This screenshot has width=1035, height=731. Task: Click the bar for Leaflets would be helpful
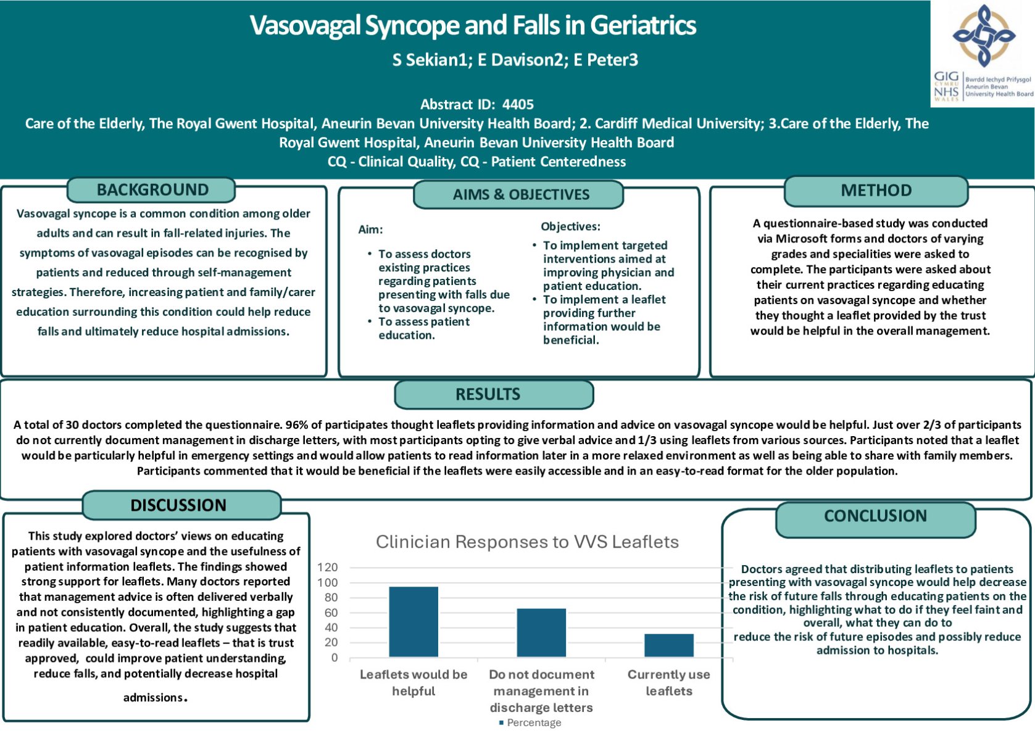point(413,622)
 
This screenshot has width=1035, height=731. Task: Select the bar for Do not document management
point(541,633)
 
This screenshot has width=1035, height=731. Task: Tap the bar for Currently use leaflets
point(668,645)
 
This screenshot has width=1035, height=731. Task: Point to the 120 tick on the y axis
point(328,567)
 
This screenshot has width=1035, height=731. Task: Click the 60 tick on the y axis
point(331,613)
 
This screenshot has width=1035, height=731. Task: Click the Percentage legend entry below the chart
point(530,722)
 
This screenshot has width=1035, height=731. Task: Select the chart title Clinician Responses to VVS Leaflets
point(527,542)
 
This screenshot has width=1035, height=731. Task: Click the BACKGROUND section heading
point(152,190)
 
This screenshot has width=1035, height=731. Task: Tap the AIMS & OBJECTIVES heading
point(521,194)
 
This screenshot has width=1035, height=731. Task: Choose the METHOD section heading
point(876,190)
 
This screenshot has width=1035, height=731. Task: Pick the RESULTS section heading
point(488,394)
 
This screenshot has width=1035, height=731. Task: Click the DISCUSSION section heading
point(178,505)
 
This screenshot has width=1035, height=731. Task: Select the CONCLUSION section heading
point(876,516)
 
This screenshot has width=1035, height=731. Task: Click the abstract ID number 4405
point(518,104)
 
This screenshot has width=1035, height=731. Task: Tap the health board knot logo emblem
point(984,36)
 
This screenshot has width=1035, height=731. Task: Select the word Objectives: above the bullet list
point(571,226)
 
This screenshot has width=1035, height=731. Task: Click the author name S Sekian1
point(430,60)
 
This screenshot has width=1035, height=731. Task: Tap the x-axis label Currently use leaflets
point(668,682)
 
